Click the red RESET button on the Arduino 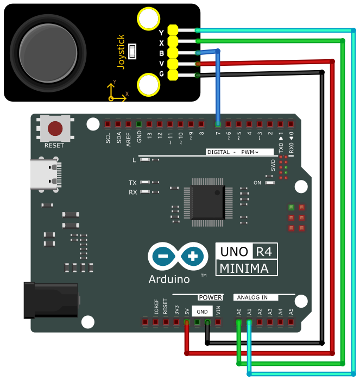tap(55, 128)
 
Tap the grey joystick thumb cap tap(48, 53)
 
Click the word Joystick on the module tap(121, 52)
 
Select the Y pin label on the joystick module tap(161, 33)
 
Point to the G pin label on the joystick tap(161, 74)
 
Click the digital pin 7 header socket tap(218, 124)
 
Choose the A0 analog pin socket tap(239, 322)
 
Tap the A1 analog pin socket tap(249, 322)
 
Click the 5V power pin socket tap(187, 322)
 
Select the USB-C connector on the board tap(46, 174)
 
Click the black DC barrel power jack tap(51, 300)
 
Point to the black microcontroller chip tap(208, 203)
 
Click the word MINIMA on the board tap(244, 268)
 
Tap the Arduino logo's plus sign tap(193, 256)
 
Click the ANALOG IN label tap(252, 297)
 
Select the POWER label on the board tap(210, 297)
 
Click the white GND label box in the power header tap(202, 312)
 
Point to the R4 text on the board tap(264, 252)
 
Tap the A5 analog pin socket tap(290, 322)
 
